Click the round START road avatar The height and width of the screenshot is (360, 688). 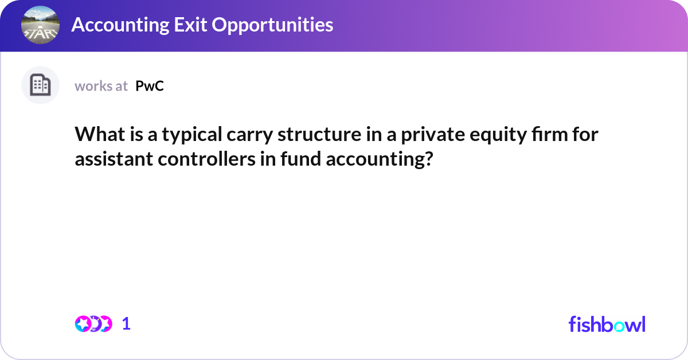(x=40, y=25)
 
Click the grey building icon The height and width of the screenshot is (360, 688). (x=40, y=85)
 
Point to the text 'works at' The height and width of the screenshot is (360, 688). (x=101, y=86)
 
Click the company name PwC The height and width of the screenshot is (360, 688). (x=150, y=86)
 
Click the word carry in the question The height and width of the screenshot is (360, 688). (x=243, y=136)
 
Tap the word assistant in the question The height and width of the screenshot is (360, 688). (x=109, y=159)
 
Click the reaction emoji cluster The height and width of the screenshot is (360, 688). (x=93, y=324)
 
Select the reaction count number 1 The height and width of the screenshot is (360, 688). (x=126, y=324)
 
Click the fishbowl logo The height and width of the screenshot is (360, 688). (x=607, y=324)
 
